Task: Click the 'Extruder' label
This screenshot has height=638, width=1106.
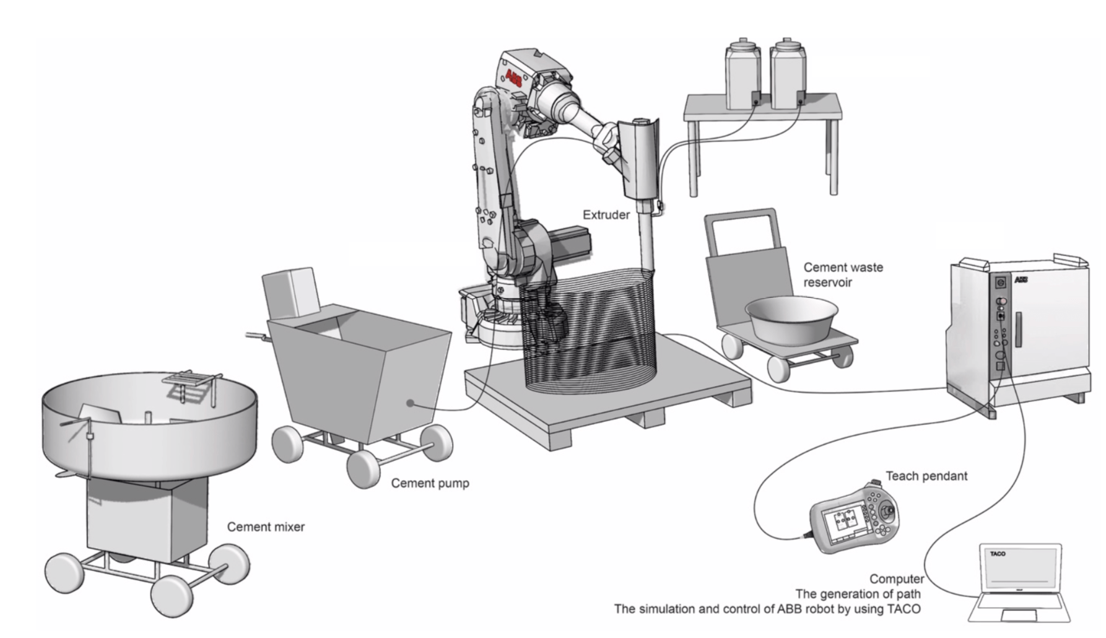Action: (x=606, y=215)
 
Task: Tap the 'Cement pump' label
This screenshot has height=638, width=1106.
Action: (x=430, y=483)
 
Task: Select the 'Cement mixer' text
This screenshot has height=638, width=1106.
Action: (x=266, y=527)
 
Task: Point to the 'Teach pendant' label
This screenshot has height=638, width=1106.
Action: (x=926, y=476)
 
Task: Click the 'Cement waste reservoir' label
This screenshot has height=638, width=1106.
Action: (x=843, y=275)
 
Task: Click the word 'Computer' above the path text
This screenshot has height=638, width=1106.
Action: (x=896, y=579)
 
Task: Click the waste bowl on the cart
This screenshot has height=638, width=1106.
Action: (x=792, y=319)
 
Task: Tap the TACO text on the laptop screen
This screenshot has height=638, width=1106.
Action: (x=997, y=554)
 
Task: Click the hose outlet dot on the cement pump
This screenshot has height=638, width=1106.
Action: (x=410, y=403)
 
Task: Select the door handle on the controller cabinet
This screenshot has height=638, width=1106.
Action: (x=1018, y=330)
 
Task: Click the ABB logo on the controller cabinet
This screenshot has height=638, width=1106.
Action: (x=1021, y=280)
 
